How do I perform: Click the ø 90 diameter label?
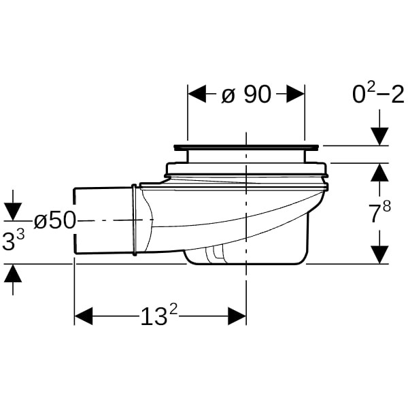pyautogui.click(x=246, y=95)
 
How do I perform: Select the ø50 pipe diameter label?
pyautogui.click(x=54, y=220)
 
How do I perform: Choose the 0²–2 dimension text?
pyautogui.click(x=378, y=94)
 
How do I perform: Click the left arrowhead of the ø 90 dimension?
pyautogui.click(x=197, y=94)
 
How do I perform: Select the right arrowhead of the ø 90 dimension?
pyautogui.click(x=295, y=94)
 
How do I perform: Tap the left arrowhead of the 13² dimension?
pyautogui.click(x=84, y=316)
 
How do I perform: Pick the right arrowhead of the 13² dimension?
pyautogui.click(x=237, y=316)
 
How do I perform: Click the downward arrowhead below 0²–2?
pyautogui.click(x=380, y=137)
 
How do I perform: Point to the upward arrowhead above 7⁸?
pyautogui.click(x=380, y=172)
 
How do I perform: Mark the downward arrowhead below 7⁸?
pyautogui.click(x=380, y=255)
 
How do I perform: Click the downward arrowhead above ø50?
pyautogui.click(x=13, y=211)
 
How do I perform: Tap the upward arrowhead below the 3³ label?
pyautogui.click(x=13, y=273)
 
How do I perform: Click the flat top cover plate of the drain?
pyautogui.click(x=245, y=148)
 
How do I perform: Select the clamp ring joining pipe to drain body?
pyautogui.click(x=134, y=220)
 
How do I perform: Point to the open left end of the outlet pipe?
pyautogui.click(x=75, y=220)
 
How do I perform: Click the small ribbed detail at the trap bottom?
pyautogui.click(x=215, y=253)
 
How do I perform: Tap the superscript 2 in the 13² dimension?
pyautogui.click(x=174, y=310)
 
